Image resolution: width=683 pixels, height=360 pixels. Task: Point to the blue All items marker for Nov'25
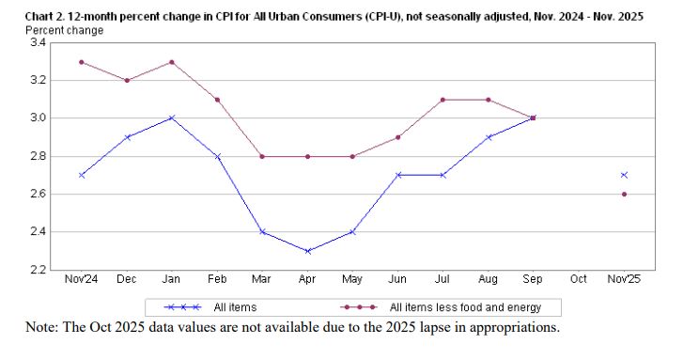click(x=624, y=175)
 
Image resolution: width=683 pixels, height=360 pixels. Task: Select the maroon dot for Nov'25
click(x=624, y=194)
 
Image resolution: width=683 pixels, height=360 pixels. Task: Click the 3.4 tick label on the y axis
click(x=39, y=43)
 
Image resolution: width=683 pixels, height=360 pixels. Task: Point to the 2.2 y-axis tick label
click(x=39, y=270)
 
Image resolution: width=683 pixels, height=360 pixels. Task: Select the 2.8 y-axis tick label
click(x=39, y=156)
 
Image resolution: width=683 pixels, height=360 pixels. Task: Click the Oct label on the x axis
click(x=579, y=279)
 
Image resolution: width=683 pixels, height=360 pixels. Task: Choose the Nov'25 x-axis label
click(x=624, y=279)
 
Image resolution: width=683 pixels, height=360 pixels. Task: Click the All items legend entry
click(x=236, y=307)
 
